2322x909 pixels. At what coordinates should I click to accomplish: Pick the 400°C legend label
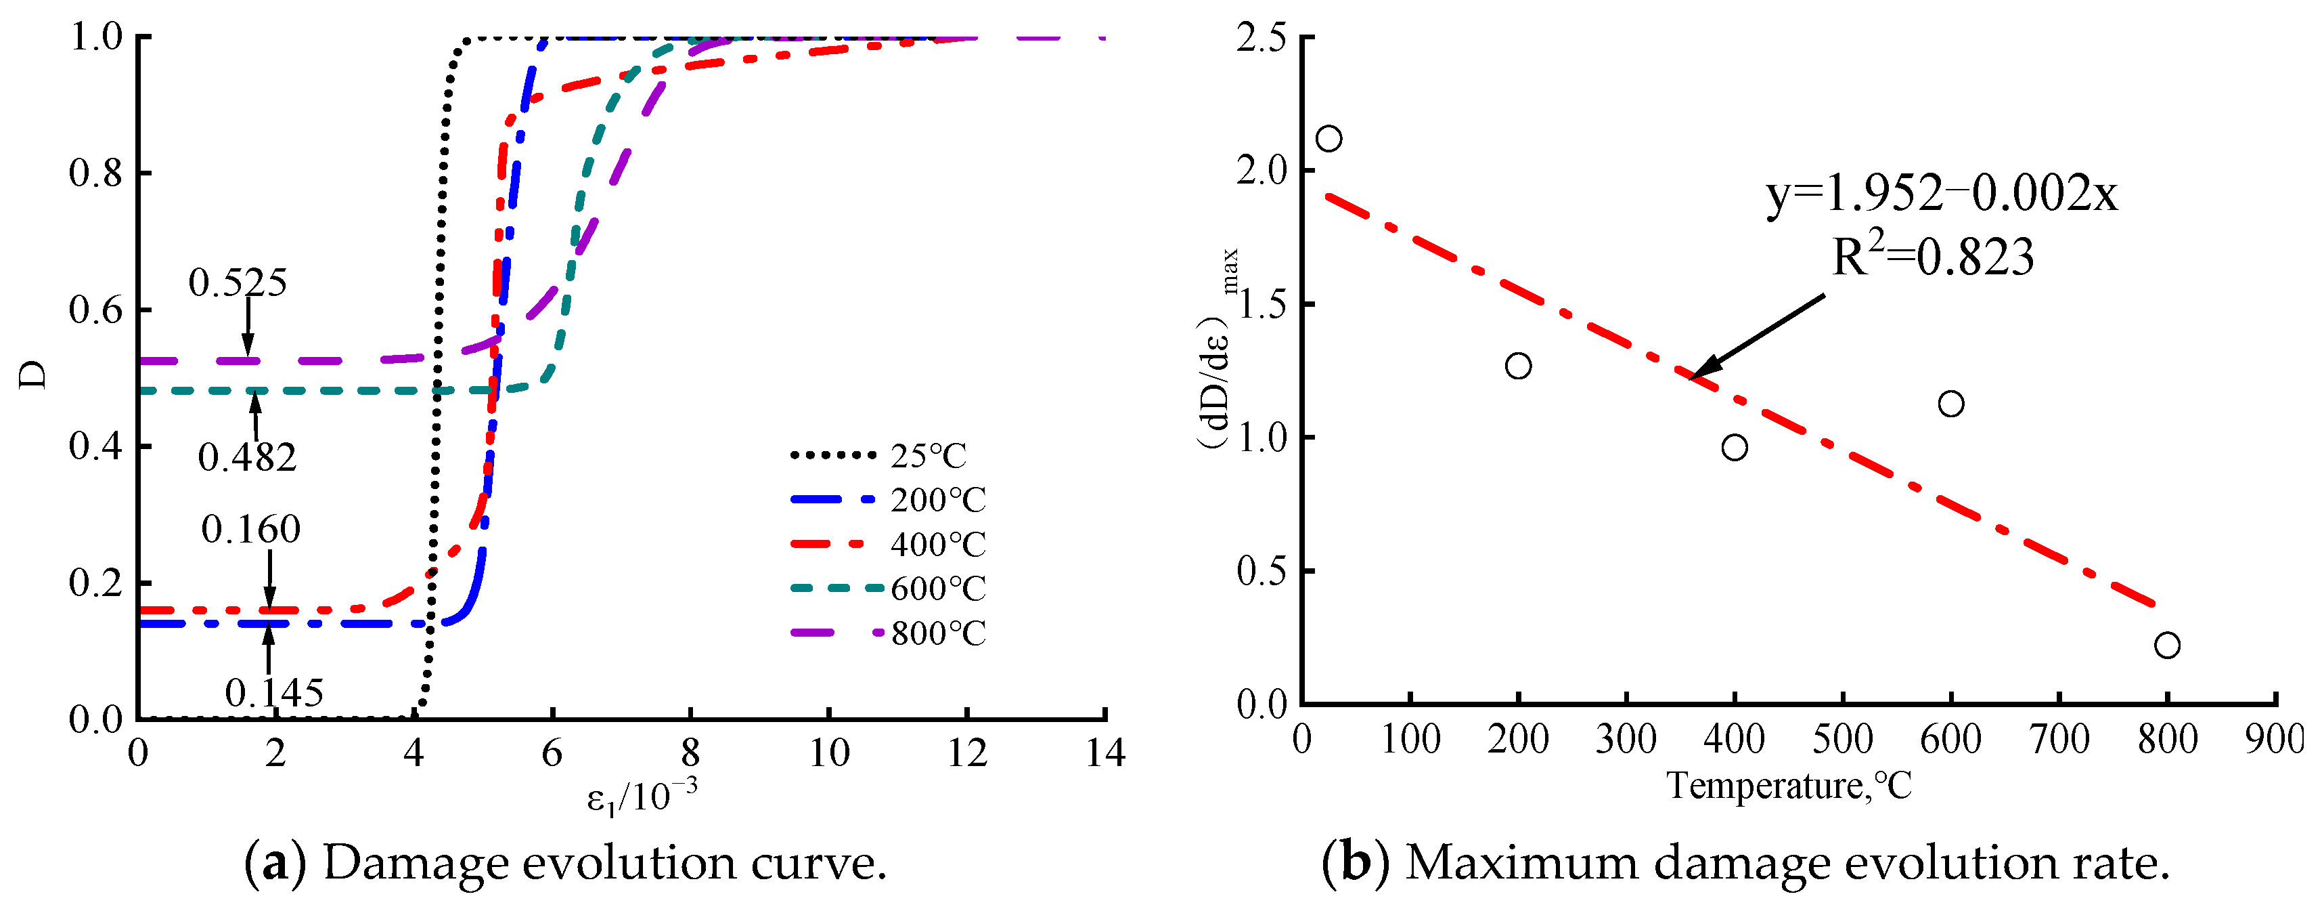(x=937, y=545)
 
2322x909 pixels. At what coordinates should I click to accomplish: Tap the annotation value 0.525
(x=238, y=283)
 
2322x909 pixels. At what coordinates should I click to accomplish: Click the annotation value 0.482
(x=247, y=458)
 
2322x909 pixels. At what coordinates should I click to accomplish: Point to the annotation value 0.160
(x=250, y=530)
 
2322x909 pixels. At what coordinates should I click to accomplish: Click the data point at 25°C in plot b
(x=1329, y=139)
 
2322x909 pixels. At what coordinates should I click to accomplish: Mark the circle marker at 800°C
(x=2167, y=646)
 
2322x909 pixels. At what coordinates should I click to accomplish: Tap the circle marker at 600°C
(x=1950, y=404)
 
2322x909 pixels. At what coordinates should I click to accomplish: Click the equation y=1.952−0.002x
(x=1942, y=193)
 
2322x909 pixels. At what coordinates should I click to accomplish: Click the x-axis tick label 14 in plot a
(x=1105, y=753)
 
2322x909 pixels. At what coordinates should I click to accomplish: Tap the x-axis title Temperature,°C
(x=1789, y=786)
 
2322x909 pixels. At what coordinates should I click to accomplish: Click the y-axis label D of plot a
(x=35, y=375)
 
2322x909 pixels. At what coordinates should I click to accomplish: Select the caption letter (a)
(x=275, y=863)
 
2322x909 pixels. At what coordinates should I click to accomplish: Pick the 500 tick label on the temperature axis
(x=1842, y=740)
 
